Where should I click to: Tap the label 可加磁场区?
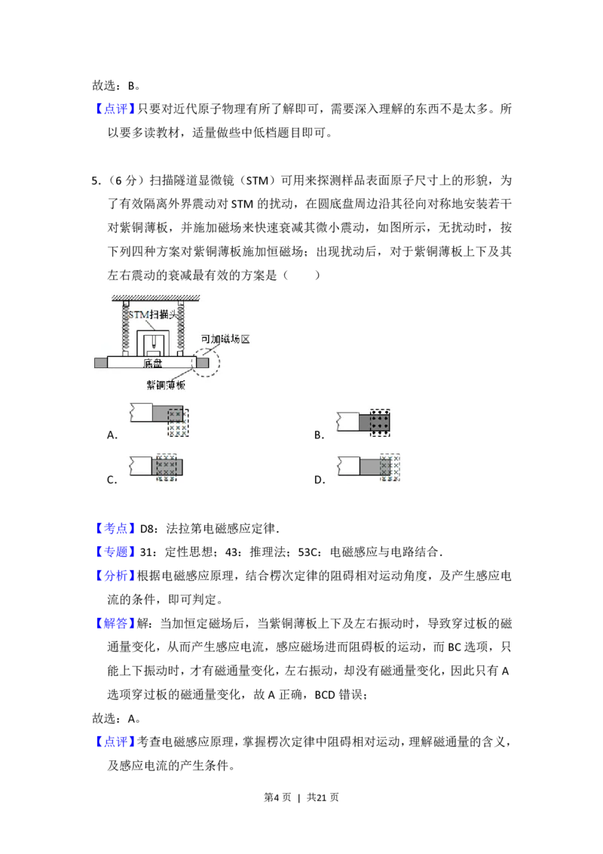click(224, 339)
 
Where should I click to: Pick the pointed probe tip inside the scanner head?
click(154, 343)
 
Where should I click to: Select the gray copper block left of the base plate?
click(100, 363)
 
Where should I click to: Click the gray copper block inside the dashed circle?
click(202, 363)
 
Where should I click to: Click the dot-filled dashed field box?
click(380, 422)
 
